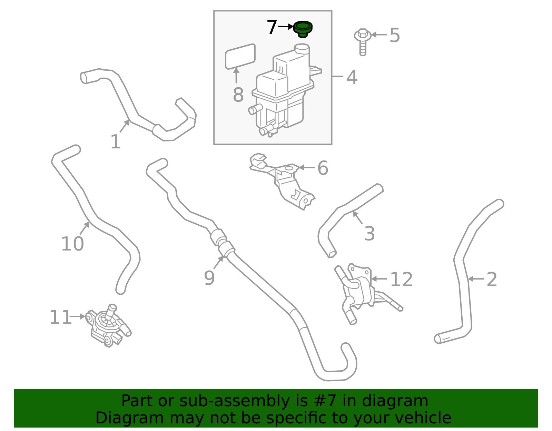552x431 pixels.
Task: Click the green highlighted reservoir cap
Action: click(303, 28)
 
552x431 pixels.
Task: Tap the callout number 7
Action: click(272, 27)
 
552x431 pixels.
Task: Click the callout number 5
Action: click(394, 35)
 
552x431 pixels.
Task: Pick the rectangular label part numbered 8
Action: click(240, 57)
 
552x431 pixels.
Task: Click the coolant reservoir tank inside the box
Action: click(281, 93)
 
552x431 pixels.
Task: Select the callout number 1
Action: click(115, 142)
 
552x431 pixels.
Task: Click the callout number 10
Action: click(72, 244)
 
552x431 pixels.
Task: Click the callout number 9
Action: click(209, 277)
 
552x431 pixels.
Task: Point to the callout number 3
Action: click(369, 234)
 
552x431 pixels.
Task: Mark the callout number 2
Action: click(492, 279)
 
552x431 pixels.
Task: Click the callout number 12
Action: click(401, 279)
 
